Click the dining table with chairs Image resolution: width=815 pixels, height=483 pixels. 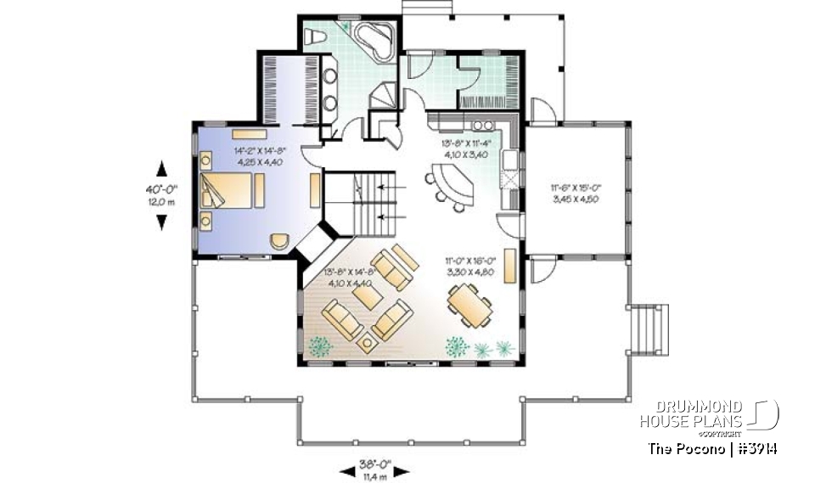coord(466,304)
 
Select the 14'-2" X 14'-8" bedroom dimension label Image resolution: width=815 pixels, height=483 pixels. coord(260,156)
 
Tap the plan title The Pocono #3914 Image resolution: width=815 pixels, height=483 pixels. coord(713,448)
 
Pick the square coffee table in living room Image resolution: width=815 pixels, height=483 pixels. coord(367,344)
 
